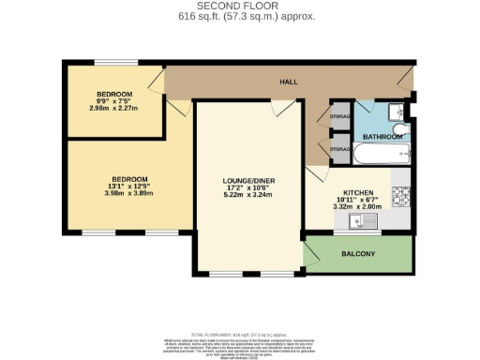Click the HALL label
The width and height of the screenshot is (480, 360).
[289, 82]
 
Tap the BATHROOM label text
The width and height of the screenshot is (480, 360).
[383, 137]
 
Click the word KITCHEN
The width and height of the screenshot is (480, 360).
[358, 191]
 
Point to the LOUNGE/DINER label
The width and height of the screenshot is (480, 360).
[247, 180]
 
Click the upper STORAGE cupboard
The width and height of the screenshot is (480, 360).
[340, 117]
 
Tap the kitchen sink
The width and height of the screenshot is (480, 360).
[361, 221]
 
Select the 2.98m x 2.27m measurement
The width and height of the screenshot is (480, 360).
[114, 110]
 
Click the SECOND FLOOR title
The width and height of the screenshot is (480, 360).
[240, 7]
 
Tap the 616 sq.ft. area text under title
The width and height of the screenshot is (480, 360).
[240, 17]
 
